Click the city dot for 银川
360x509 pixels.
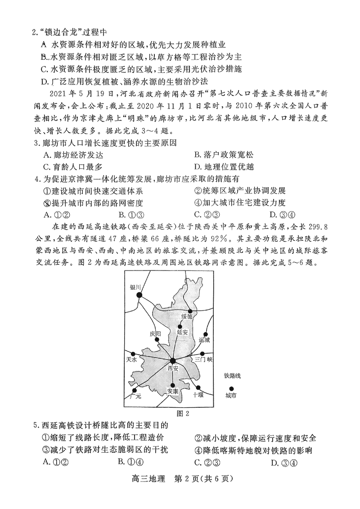tap(139, 295)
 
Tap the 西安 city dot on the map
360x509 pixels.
tap(173, 360)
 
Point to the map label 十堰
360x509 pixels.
tap(198, 394)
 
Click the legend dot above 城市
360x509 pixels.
tap(232, 388)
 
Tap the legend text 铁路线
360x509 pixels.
tap(232, 376)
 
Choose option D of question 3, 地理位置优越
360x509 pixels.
tap(224, 167)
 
